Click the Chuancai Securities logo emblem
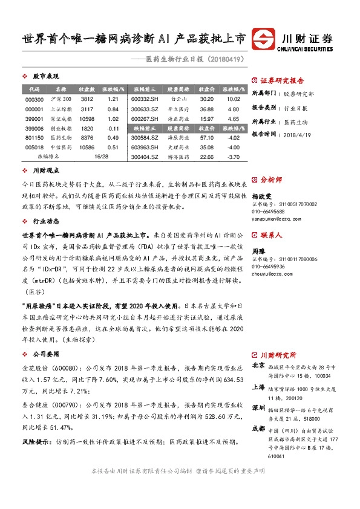263,39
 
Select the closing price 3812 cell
87,99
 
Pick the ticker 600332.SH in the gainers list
145,99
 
